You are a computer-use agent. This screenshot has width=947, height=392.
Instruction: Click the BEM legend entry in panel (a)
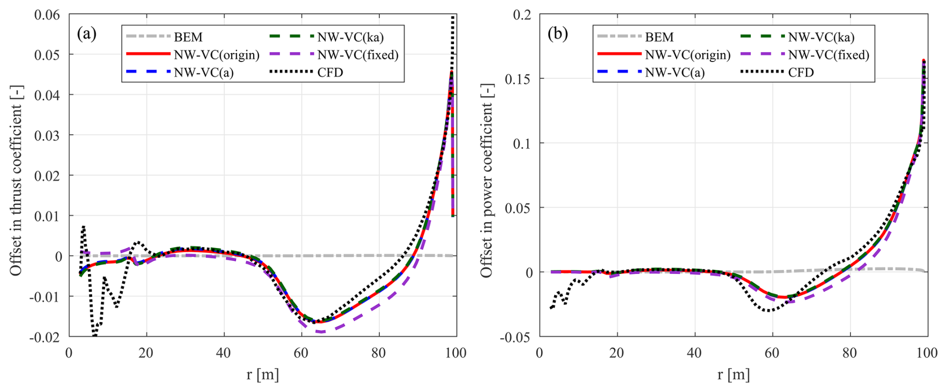(x=188, y=37)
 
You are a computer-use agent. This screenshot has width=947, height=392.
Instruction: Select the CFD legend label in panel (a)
(x=330, y=72)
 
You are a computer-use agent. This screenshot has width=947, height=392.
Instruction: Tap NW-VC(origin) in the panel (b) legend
(x=687, y=55)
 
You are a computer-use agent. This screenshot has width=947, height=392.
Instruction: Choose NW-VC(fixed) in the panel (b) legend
(x=828, y=55)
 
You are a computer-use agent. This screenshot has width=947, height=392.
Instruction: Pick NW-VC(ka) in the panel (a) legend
(x=350, y=37)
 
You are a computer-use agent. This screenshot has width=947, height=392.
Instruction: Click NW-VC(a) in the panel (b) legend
(x=674, y=72)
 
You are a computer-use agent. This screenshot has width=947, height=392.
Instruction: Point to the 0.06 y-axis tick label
(x=47, y=15)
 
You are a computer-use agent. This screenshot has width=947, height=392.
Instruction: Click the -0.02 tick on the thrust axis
(x=45, y=337)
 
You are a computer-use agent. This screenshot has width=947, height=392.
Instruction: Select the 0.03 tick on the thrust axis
(x=47, y=135)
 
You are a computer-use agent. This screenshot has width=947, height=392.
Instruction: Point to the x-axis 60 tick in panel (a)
(x=301, y=353)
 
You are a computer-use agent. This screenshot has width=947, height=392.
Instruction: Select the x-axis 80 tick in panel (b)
(x=850, y=353)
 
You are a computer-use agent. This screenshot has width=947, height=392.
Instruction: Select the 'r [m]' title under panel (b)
(x=733, y=374)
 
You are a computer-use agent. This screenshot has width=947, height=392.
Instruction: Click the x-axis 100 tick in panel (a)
(x=455, y=353)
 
